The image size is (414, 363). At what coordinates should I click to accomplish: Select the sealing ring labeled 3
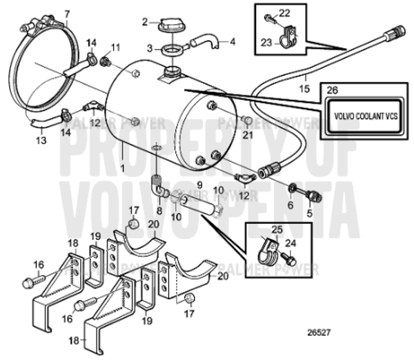[x=172, y=49]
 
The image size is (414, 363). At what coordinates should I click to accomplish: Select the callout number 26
[x=332, y=89]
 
